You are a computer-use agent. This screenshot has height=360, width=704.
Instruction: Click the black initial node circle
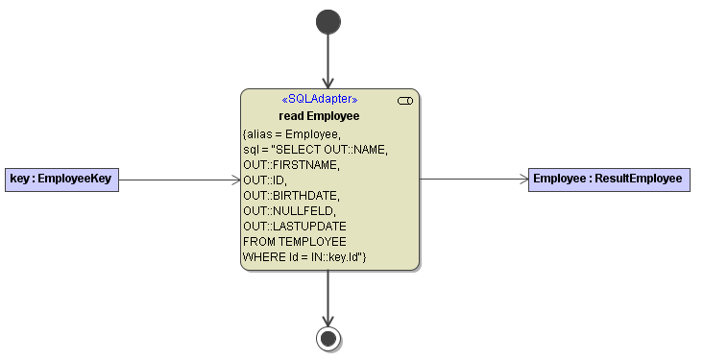tap(328, 21)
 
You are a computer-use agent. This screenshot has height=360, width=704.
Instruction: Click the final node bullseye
tap(328, 338)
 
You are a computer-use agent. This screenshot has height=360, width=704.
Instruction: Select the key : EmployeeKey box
tap(61, 179)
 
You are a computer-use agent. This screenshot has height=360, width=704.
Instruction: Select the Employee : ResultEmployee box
tap(608, 179)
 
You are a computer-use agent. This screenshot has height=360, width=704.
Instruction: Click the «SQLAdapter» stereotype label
tap(319, 99)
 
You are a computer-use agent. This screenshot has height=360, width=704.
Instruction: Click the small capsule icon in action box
tap(404, 100)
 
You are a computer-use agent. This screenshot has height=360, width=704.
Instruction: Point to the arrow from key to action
tap(179, 179)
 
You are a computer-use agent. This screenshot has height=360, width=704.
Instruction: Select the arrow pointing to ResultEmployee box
tap(473, 179)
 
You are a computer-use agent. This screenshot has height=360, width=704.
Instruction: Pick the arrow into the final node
tap(328, 299)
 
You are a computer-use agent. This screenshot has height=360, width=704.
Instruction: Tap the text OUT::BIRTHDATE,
tap(284, 195)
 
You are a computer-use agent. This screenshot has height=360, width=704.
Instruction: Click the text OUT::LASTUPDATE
tap(288, 226)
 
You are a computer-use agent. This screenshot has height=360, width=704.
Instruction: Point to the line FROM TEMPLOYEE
tap(295, 241)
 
